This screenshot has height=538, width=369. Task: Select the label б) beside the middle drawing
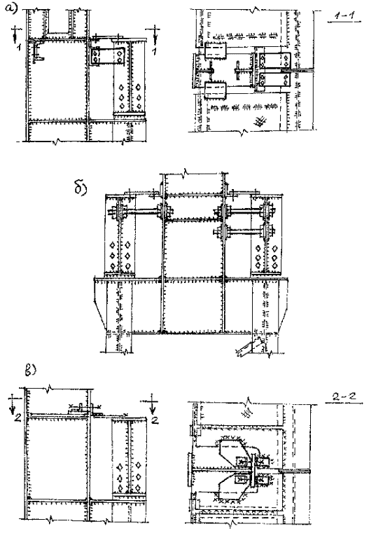pos(81,187)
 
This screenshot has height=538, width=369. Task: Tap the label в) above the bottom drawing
pos(31,371)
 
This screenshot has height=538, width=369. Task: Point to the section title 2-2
pos(344,396)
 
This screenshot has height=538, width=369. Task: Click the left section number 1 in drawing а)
pos(18,47)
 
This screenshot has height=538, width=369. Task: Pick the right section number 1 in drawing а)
pos(155,50)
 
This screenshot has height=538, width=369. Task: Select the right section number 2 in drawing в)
pos(155,420)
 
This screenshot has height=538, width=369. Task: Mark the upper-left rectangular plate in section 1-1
pos(216,51)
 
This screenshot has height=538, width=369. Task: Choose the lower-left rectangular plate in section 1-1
pos(216,90)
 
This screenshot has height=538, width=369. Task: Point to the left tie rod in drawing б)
pos(139,212)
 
